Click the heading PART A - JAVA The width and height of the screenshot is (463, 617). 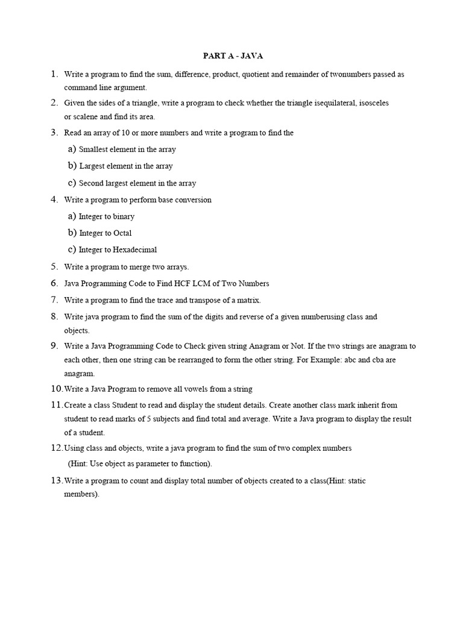[x=232, y=56]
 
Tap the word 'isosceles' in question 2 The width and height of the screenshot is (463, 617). [x=374, y=103]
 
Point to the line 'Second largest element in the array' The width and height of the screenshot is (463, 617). [x=137, y=183]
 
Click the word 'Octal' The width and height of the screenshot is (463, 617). [x=122, y=233]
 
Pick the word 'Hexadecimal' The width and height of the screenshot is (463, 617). [x=134, y=249]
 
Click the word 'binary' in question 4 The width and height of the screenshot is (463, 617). [x=124, y=216]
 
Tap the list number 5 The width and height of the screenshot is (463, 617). [x=54, y=266]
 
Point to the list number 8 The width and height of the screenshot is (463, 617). [x=54, y=316]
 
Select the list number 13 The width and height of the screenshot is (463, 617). [x=56, y=481]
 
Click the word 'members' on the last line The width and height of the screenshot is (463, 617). [x=79, y=494]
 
